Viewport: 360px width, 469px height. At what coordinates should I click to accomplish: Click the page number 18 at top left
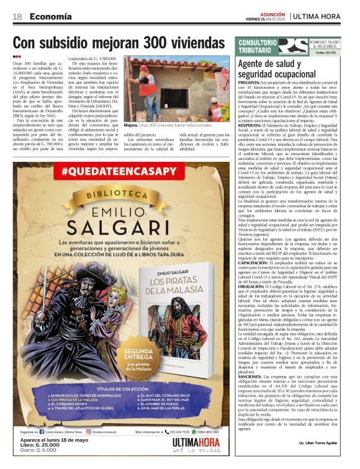pyautogui.click(x=17, y=16)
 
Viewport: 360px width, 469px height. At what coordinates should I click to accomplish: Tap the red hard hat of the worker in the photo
pyautogui.click(x=143, y=67)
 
